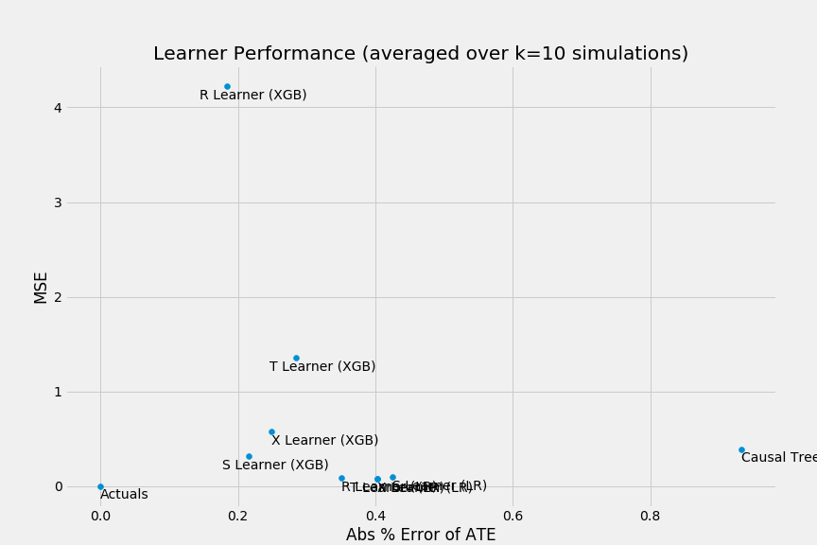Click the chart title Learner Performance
point(420,54)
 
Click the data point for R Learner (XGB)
point(227,86)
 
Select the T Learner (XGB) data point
point(296,358)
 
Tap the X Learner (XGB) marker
point(271,431)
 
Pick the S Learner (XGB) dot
point(249,456)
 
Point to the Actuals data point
point(100,486)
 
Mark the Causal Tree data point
point(741,449)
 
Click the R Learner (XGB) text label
point(252,96)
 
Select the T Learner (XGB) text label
point(322,367)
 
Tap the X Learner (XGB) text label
point(324,441)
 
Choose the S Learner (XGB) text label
point(275,466)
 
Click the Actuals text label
point(124,495)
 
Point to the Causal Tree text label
point(778,458)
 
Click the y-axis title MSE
point(41,288)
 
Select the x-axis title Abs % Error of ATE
point(420,535)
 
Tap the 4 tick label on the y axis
point(58,108)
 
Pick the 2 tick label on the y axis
point(58,297)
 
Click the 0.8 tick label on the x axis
point(650,516)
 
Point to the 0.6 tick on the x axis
point(513,516)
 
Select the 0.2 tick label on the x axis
point(238,516)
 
